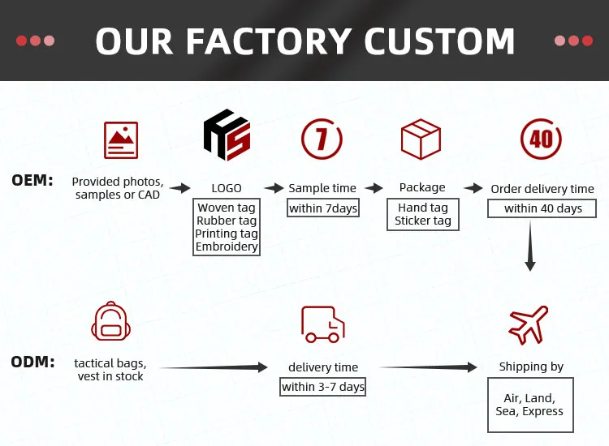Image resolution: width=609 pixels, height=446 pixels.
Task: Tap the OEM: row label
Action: point(32,180)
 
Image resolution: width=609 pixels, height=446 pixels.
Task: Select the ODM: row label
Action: point(32,362)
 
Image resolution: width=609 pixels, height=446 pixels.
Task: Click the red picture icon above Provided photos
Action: point(121,139)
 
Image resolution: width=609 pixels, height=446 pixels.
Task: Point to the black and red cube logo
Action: point(227,138)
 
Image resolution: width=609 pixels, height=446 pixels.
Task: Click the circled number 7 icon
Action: point(322,139)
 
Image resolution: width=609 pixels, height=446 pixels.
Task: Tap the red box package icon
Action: point(421,139)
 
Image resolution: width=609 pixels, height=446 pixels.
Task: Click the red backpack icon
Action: point(109,321)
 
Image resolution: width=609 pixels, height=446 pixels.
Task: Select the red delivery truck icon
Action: point(322,323)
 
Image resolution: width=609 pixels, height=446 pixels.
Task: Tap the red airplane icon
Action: point(529,324)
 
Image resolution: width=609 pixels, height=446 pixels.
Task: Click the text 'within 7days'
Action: point(323,208)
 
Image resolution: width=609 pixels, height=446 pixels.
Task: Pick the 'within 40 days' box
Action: point(542,208)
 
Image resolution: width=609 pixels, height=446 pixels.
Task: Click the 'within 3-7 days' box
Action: point(323,387)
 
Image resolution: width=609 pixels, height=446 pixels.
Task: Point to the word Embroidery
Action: point(227,247)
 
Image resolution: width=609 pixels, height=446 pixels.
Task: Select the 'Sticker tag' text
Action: point(423,221)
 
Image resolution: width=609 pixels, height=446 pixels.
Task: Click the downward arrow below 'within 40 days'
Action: point(530,247)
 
